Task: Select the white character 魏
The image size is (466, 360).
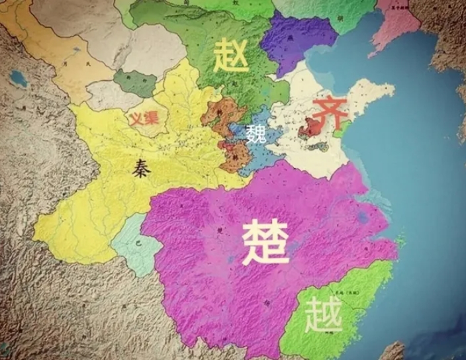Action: click(x=256, y=134)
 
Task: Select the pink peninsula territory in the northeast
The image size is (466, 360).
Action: click(x=397, y=26)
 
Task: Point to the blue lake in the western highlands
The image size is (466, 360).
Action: click(x=19, y=79)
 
